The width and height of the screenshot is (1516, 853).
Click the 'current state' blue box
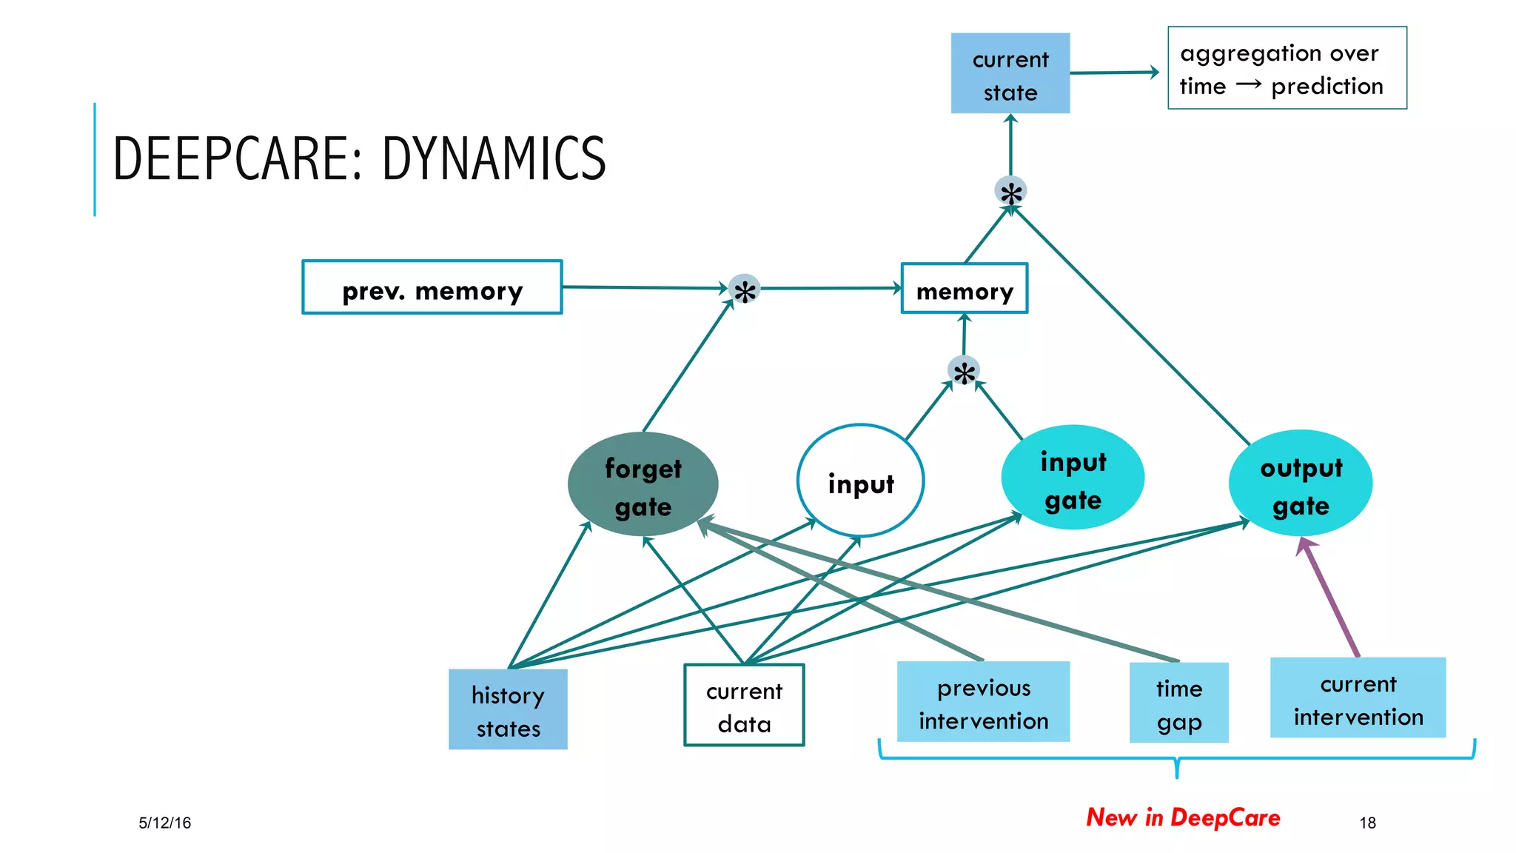point(1010,73)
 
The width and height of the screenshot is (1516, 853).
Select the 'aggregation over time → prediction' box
point(1287,68)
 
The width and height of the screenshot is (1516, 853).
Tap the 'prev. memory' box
point(432,287)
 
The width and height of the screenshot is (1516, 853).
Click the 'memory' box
point(964,289)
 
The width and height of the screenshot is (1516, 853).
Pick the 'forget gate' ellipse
point(643,485)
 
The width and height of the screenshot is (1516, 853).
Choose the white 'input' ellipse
point(860,481)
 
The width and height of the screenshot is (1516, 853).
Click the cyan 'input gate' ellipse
point(1073,478)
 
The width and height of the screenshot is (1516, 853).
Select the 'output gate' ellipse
point(1301,484)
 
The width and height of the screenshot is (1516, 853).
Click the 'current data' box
point(744,705)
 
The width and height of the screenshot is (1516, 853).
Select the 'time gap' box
point(1178,703)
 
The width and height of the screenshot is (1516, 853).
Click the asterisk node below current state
point(1010,192)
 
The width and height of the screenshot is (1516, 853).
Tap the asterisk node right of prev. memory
point(744,290)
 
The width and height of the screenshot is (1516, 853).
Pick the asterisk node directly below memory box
point(964,372)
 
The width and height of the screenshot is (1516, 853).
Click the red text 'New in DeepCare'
point(1183,817)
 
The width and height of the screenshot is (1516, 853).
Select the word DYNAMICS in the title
point(494,158)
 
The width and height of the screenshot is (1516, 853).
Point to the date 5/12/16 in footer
point(164,823)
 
